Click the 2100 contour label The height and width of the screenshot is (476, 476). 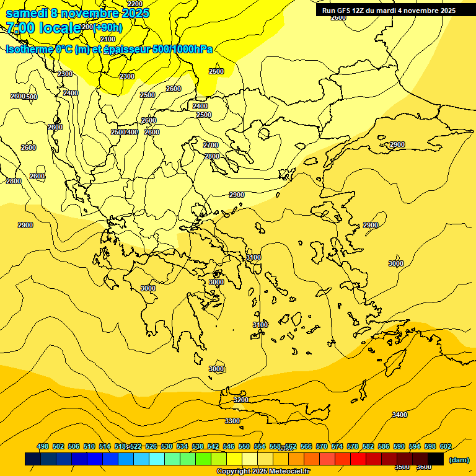pyautogui.click(x=108, y=39)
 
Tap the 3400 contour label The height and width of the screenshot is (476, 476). pyautogui.click(x=400, y=415)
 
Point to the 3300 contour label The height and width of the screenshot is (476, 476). pyautogui.click(x=232, y=421)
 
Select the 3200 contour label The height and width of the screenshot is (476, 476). pyautogui.click(x=241, y=400)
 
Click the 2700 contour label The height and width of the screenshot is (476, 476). pyautogui.click(x=211, y=145)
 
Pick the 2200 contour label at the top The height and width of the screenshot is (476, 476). pyautogui.click(x=134, y=4)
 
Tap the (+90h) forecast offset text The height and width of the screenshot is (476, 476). pyautogui.click(x=107, y=27)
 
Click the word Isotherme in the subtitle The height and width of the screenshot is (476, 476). pyautogui.click(x=29, y=50)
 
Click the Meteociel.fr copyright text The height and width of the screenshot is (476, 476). pyautogui.click(x=285, y=472)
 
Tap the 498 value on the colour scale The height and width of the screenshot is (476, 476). pyautogui.click(x=43, y=446)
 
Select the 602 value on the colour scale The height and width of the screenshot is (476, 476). pyautogui.click(x=446, y=446)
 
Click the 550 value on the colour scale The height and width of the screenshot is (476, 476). pyautogui.click(x=244, y=446)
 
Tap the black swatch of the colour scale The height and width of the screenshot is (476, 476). pyautogui.click(x=436, y=459)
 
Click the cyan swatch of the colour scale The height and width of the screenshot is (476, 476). pyautogui.click(x=157, y=459)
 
